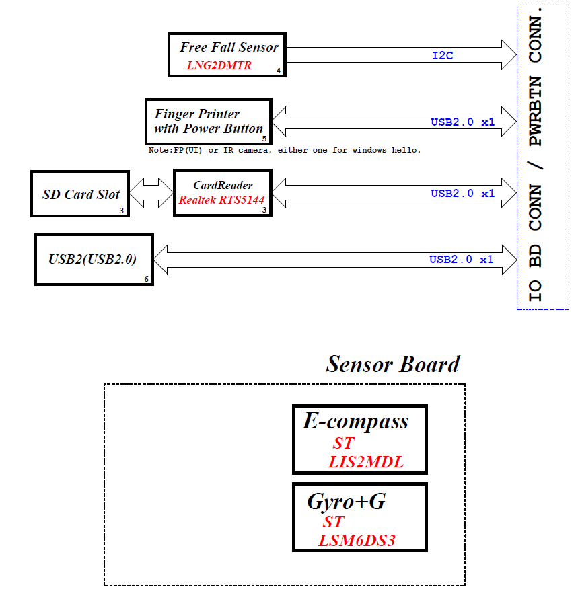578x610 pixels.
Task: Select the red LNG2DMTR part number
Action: tap(219, 65)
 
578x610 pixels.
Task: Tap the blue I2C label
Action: tap(443, 56)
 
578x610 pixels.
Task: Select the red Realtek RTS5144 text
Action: tap(221, 200)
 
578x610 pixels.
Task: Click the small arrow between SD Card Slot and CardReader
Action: tap(151, 193)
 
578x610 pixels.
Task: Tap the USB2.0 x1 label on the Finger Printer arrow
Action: tap(462, 122)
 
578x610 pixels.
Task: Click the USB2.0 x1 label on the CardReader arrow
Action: tap(462, 193)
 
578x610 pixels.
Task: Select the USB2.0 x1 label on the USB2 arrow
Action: tap(461, 260)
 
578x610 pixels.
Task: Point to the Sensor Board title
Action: tap(393, 364)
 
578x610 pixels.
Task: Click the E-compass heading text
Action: tap(356, 422)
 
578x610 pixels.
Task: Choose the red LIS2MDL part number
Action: tap(366, 462)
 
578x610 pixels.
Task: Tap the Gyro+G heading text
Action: tap(346, 502)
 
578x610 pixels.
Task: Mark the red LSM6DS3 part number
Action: tap(357, 541)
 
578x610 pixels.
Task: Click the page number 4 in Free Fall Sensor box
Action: tap(279, 71)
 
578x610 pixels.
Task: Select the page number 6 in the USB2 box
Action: tap(146, 279)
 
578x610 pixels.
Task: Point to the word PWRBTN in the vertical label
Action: tap(536, 111)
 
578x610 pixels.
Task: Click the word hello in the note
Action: tap(406, 150)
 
